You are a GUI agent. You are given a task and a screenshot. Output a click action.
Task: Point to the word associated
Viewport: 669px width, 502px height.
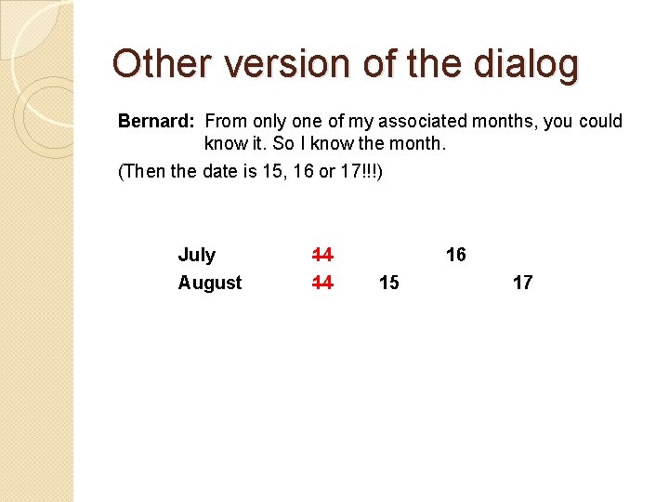pyautogui.click(x=429, y=122)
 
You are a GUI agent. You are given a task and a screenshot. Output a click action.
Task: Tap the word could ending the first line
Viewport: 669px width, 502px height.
pyautogui.click(x=600, y=122)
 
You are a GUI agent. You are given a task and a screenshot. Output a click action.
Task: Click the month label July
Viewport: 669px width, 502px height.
pyautogui.click(x=196, y=255)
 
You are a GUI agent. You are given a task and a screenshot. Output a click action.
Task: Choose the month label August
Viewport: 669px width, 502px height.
pyautogui.click(x=210, y=283)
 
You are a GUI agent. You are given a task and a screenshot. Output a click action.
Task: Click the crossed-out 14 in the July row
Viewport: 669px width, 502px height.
pyautogui.click(x=322, y=255)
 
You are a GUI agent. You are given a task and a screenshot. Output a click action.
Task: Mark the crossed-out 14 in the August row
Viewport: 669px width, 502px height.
pyautogui.click(x=322, y=283)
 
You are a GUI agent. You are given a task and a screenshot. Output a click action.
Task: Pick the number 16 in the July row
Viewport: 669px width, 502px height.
pyautogui.click(x=455, y=255)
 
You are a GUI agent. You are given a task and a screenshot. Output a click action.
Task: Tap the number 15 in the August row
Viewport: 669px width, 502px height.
pyautogui.click(x=389, y=283)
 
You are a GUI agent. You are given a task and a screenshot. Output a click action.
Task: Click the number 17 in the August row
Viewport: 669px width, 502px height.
pyautogui.click(x=522, y=283)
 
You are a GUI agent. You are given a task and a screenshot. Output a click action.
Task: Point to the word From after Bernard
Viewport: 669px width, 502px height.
pyautogui.click(x=226, y=122)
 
